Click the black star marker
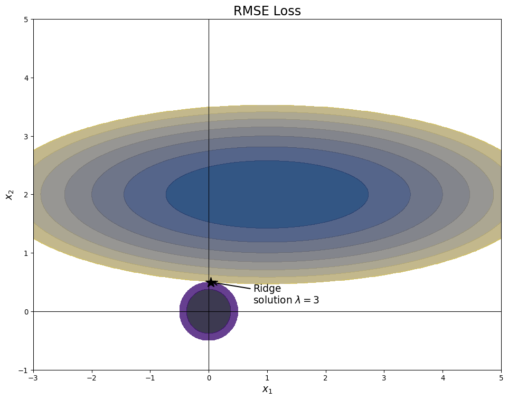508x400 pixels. [211, 282]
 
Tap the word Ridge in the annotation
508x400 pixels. [267, 289]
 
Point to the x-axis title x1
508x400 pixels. [267, 390]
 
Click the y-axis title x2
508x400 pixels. [9, 195]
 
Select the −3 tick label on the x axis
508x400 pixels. [33, 378]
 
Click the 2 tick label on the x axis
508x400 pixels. [326, 378]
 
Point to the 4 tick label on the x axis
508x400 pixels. [443, 378]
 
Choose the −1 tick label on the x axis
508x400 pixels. [150, 378]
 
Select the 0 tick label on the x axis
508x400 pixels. [209, 378]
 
